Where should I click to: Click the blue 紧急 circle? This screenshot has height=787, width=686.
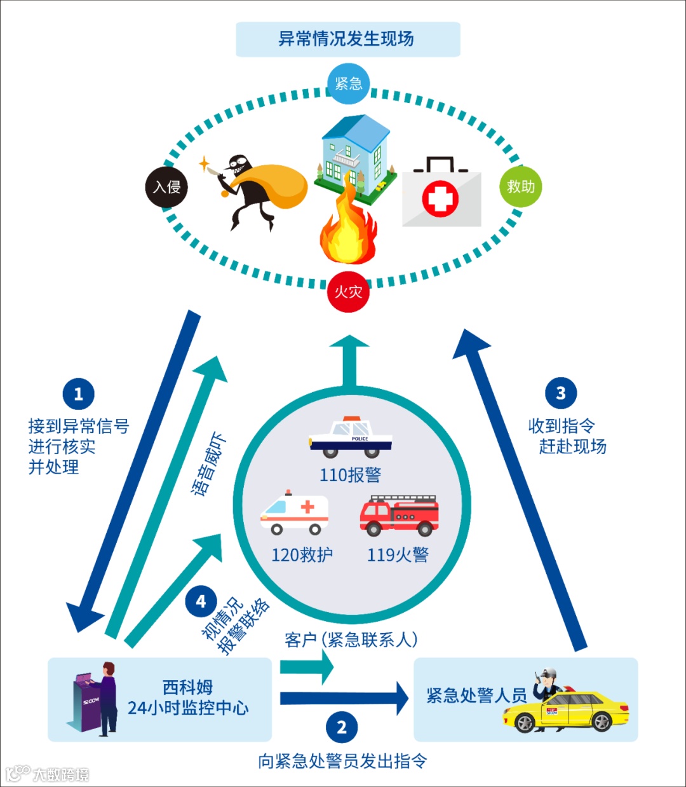point(348,84)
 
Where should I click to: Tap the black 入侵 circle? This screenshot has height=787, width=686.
point(166,187)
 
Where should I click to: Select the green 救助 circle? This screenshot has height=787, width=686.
point(520,186)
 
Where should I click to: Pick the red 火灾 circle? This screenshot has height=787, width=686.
point(348,292)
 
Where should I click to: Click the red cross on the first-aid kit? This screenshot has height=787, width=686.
point(440,198)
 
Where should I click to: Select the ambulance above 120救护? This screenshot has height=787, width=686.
point(294,513)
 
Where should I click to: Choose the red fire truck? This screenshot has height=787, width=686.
point(399,515)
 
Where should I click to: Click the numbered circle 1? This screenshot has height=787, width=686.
point(78,394)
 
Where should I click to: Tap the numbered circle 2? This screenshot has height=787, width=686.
point(342,727)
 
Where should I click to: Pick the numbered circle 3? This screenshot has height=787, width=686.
point(560,393)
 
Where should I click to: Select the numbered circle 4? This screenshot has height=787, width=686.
point(201,601)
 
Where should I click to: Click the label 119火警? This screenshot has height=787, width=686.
point(398,555)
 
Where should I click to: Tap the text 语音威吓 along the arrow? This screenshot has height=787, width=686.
point(209,464)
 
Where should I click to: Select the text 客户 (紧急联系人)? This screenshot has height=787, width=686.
point(351,640)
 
